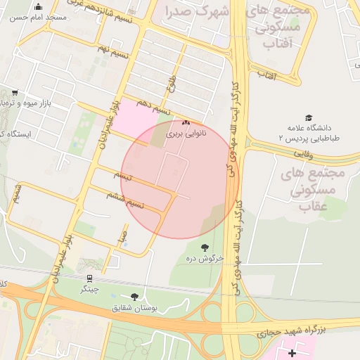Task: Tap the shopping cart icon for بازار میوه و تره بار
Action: [15, 93]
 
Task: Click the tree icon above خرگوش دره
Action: [205, 247]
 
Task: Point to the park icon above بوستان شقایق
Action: [134, 297]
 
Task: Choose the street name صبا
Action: [123, 234]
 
